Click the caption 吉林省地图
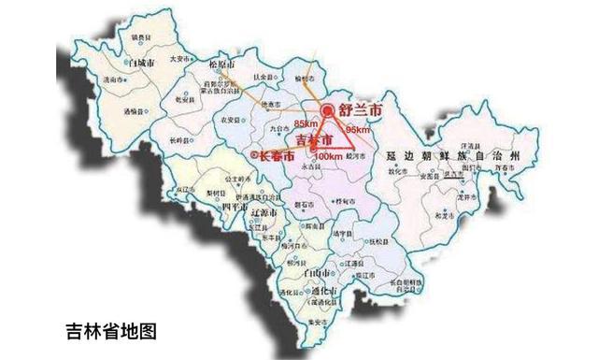[111, 330]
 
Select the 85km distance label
[306, 124]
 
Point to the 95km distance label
[358, 130]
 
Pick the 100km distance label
[327, 155]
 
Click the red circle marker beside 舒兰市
[326, 111]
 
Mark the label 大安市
[179, 58]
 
